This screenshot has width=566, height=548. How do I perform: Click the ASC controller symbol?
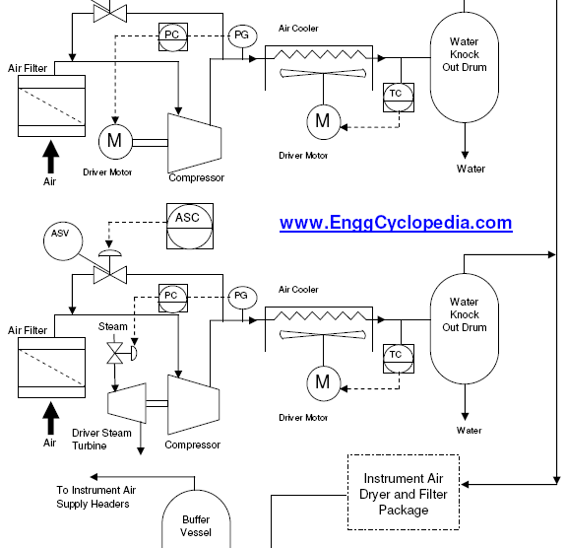click(x=190, y=226)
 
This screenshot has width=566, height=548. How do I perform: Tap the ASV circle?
click(x=63, y=241)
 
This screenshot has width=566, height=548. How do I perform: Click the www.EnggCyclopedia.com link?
click(x=396, y=223)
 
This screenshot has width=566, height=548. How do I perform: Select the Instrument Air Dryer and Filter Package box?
click(x=404, y=493)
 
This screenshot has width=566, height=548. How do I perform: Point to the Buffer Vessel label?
click(x=196, y=526)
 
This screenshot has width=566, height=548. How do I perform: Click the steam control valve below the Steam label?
click(x=115, y=353)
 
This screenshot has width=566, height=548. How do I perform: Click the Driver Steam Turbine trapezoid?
click(x=127, y=403)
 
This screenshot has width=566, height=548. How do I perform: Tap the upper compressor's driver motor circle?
click(x=115, y=141)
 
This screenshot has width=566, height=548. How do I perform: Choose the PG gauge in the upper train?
click(x=242, y=35)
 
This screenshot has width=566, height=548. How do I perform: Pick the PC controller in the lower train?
click(x=173, y=299)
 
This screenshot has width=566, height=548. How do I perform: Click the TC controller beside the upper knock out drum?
click(x=399, y=98)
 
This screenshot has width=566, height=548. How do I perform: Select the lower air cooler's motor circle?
click(x=324, y=383)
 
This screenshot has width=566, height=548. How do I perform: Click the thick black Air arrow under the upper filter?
click(x=51, y=157)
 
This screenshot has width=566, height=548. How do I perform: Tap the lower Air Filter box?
click(x=51, y=368)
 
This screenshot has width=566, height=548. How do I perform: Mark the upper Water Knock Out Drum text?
click(x=465, y=54)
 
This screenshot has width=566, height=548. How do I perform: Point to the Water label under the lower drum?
click(x=469, y=430)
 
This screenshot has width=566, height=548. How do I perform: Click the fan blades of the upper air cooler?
click(x=323, y=73)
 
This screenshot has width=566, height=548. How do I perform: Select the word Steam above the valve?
click(x=112, y=326)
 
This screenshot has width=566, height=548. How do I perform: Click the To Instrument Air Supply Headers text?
click(x=96, y=497)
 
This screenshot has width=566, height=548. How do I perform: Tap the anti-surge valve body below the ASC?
click(x=110, y=275)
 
